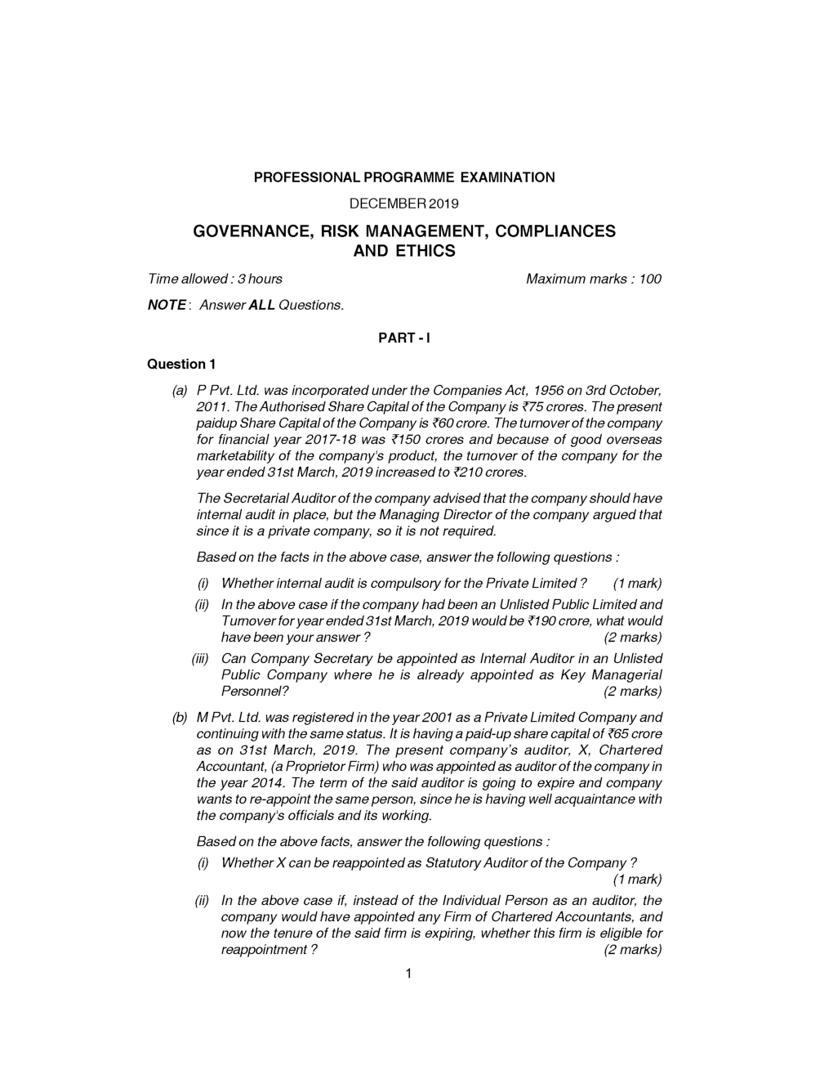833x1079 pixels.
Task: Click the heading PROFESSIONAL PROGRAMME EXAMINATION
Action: (404, 177)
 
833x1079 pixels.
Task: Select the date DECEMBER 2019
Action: (404, 203)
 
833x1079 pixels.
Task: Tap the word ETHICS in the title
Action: (425, 251)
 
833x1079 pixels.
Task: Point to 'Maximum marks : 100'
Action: (594, 279)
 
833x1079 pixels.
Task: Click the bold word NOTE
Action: (167, 305)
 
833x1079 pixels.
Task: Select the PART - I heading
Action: (404, 338)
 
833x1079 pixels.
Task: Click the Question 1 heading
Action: (181, 364)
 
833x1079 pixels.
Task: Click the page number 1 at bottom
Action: (406, 973)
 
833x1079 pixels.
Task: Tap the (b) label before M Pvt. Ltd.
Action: (180, 718)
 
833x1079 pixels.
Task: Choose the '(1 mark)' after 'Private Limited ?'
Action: (637, 584)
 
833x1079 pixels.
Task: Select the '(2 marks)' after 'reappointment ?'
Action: (632, 950)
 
